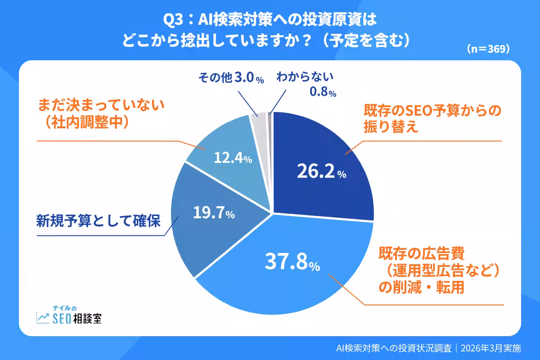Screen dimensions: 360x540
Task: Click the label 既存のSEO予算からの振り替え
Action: click(x=432, y=119)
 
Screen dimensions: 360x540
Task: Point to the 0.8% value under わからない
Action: click(x=323, y=93)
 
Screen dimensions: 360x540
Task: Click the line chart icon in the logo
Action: click(x=43, y=318)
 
